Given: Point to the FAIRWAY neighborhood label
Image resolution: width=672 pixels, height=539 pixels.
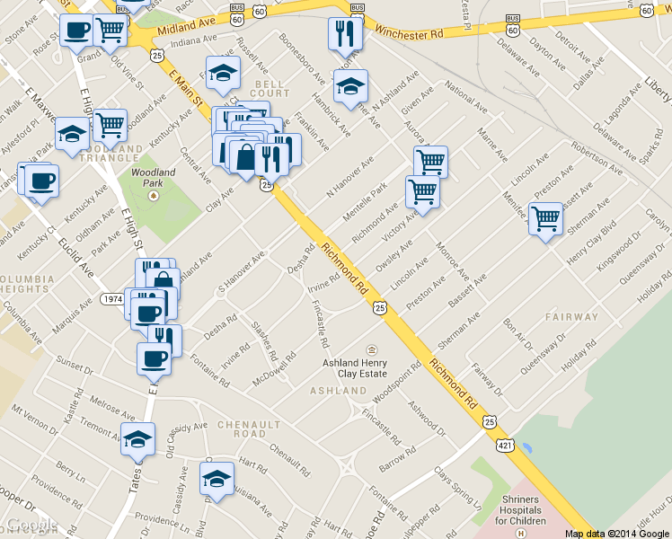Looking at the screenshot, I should [x=570, y=317].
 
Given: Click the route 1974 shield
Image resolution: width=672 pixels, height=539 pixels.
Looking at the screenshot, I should [x=112, y=298].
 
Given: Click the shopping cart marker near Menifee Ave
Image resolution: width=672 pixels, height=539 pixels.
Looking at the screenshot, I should [x=546, y=218].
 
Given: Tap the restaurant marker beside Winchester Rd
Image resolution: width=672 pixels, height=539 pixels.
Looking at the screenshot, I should [x=344, y=33].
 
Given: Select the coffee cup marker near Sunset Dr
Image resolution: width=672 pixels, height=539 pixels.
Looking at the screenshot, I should [x=154, y=358].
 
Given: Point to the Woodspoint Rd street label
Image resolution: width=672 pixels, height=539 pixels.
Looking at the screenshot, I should [x=398, y=380].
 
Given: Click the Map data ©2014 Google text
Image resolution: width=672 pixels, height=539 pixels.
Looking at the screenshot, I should [x=616, y=534].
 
